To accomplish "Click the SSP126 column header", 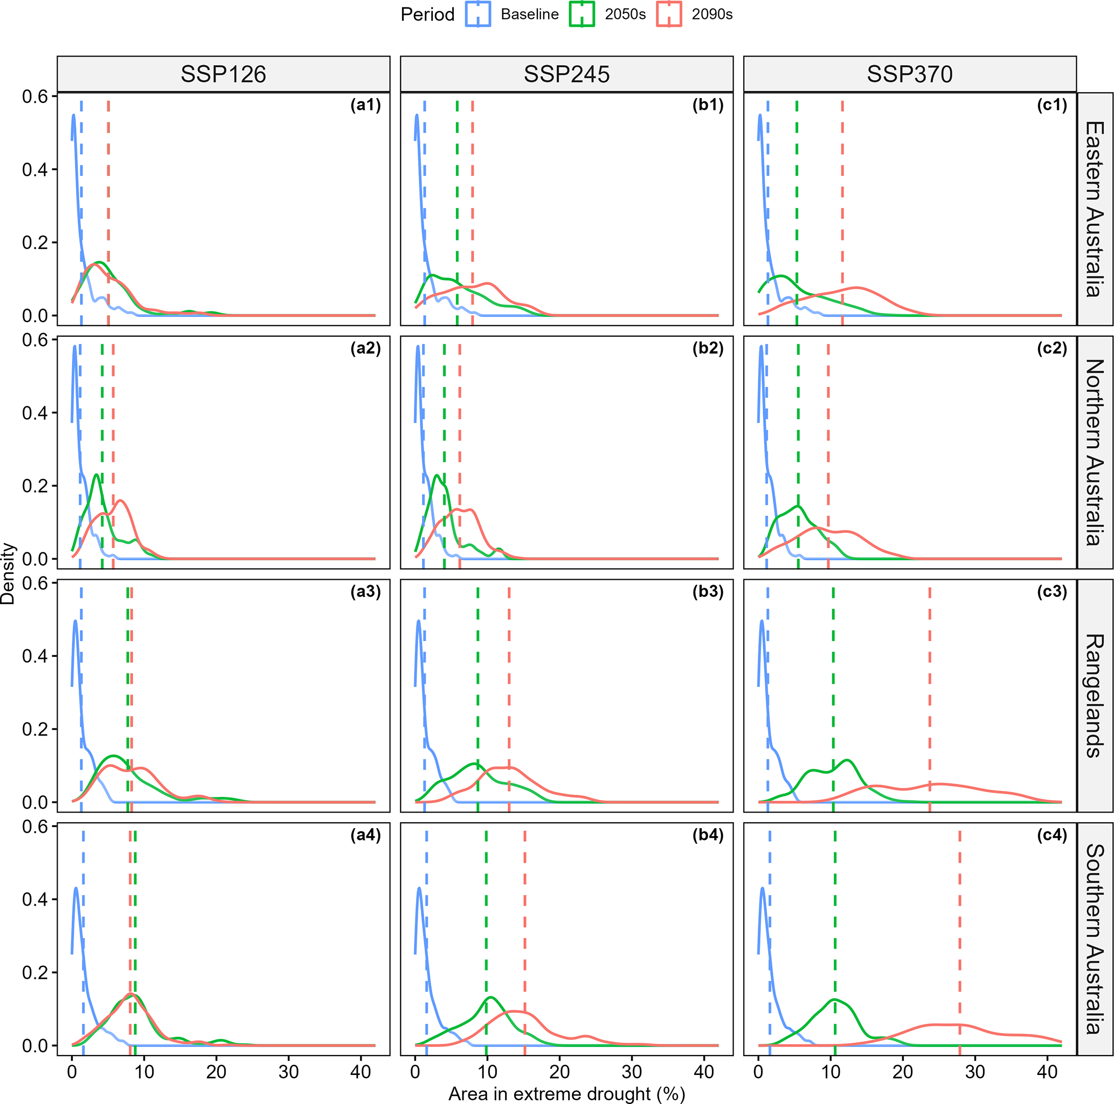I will (223, 74).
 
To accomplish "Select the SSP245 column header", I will (566, 74).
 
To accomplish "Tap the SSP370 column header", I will (909, 74).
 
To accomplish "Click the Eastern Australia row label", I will (1095, 209).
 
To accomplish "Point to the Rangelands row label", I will (1095, 695).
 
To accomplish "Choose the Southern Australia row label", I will (1095, 939).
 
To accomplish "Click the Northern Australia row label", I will (1095, 452).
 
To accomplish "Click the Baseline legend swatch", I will (478, 14).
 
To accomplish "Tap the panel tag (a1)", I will (365, 105).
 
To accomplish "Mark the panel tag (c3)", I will (1051, 592).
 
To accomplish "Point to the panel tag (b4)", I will (708, 835).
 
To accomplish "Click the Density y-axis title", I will (8, 573).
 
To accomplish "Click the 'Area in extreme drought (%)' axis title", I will (566, 1094).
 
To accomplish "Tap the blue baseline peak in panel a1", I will (74, 115).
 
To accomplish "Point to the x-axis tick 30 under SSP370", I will (975, 1072).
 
